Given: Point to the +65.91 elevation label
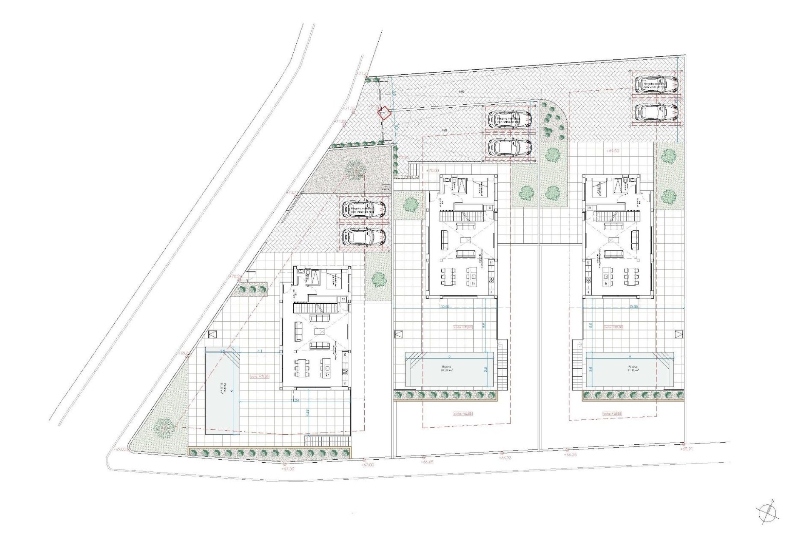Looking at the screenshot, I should tap(688, 449).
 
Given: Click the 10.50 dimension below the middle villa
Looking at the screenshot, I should tap(445, 307).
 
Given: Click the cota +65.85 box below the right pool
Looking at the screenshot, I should tap(612, 414).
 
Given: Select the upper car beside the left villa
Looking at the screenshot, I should tap(364, 209).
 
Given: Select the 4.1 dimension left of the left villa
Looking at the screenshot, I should tap(260, 351).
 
